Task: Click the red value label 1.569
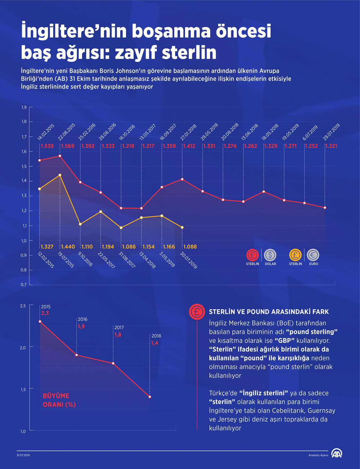67,146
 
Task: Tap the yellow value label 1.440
68,247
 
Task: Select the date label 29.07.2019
331,132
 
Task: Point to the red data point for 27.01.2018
182,179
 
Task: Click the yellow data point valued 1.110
80,224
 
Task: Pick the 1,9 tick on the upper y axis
24,107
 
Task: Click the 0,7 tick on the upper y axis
24,284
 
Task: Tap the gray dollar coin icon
270,255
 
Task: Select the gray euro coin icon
313,255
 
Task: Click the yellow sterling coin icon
295,255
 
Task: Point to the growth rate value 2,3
45,313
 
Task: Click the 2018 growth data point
150,397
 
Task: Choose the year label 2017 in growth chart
119,328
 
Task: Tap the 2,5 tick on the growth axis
23,306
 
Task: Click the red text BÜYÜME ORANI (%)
59,400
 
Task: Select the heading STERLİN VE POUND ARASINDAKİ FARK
269,311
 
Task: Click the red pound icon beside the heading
197,311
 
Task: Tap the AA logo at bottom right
337,453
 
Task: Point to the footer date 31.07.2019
23,455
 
